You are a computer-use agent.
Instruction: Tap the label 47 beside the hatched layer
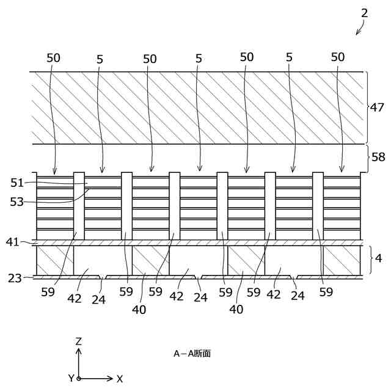[378, 107]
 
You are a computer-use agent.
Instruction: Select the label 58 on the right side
[378, 156]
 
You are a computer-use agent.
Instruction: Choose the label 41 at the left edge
[13, 242]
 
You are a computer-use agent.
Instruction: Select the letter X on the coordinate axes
[120, 379]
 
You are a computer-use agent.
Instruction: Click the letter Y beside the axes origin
[71, 379]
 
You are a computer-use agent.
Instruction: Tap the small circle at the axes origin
[79, 379]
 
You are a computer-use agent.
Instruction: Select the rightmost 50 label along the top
[338, 57]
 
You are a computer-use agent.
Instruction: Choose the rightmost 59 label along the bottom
[326, 292]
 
